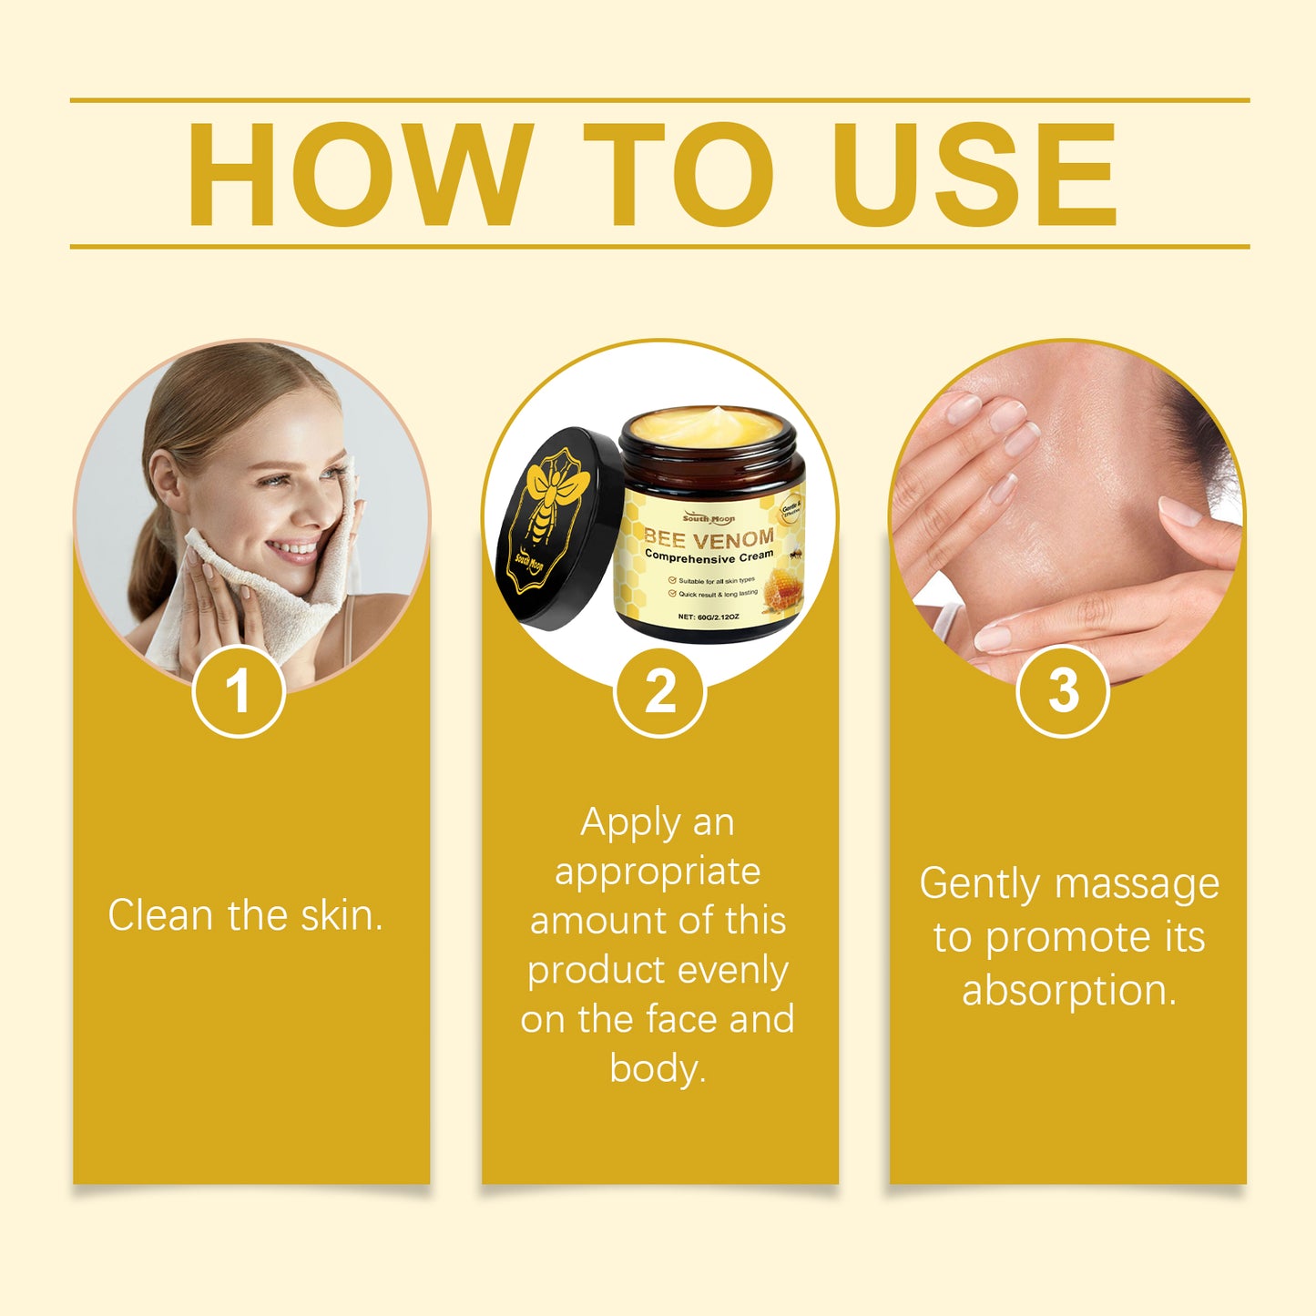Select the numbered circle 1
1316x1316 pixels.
239,690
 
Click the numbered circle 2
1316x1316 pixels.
660,690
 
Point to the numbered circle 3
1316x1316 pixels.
1063,690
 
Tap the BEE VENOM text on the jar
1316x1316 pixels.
709,537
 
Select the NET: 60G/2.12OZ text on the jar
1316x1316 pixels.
709,617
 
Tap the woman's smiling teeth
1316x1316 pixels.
293,548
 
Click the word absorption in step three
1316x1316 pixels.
1068,990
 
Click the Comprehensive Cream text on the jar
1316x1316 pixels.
709,556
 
